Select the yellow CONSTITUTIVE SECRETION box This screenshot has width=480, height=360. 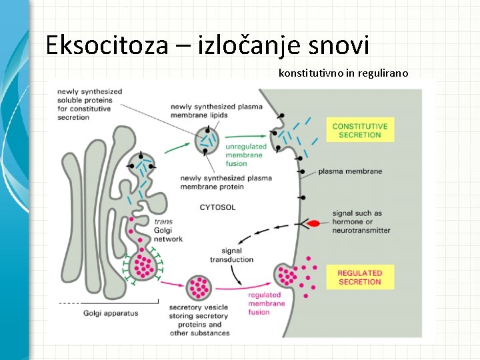click(359, 130)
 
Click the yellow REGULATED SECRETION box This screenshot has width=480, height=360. click(359, 277)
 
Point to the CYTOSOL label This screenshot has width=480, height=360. click(217, 207)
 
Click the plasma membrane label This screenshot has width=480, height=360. click(350, 171)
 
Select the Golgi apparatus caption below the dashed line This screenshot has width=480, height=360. click(111, 312)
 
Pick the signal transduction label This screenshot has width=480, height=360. click(231, 255)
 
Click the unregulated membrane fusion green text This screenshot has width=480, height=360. click(246, 155)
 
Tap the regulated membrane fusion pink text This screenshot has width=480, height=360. click(266, 303)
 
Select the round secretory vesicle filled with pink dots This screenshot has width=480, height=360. click(198, 287)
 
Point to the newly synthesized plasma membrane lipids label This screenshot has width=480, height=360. click(208, 111)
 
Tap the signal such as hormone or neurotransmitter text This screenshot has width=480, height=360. click(361, 222)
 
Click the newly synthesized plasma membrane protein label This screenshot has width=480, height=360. click(226, 182)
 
